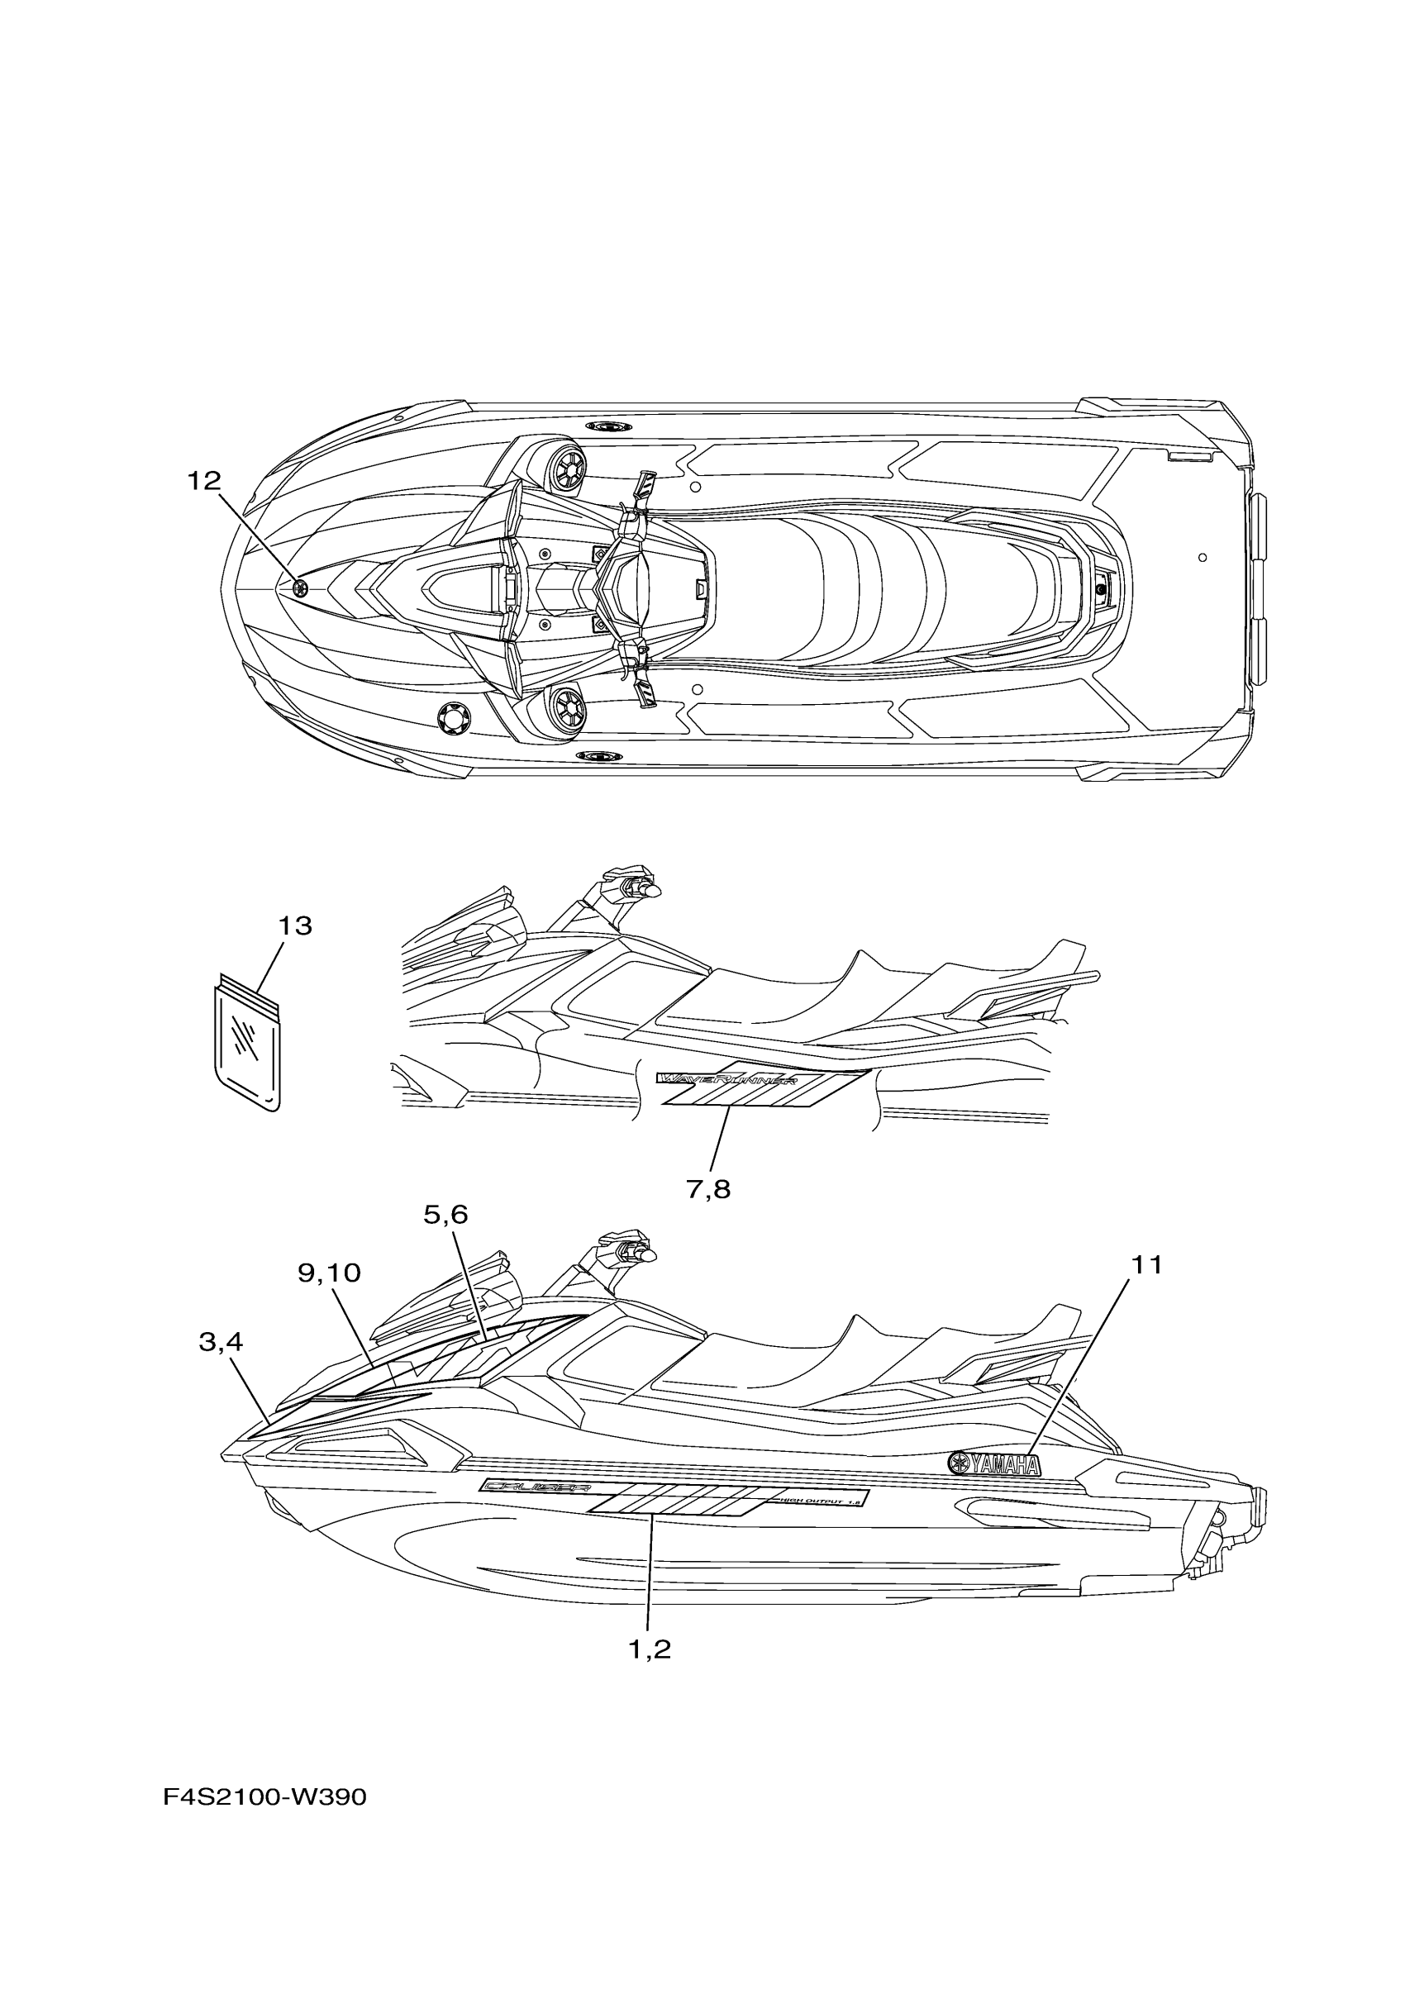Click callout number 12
(x=204, y=481)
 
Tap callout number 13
(x=294, y=926)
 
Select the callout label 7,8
(x=708, y=1188)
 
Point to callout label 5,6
(x=445, y=1215)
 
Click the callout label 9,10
(x=329, y=1273)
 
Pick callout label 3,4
(x=221, y=1342)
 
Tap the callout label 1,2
(x=650, y=1649)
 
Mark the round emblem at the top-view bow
(x=301, y=589)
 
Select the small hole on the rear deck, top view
(x=1203, y=557)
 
